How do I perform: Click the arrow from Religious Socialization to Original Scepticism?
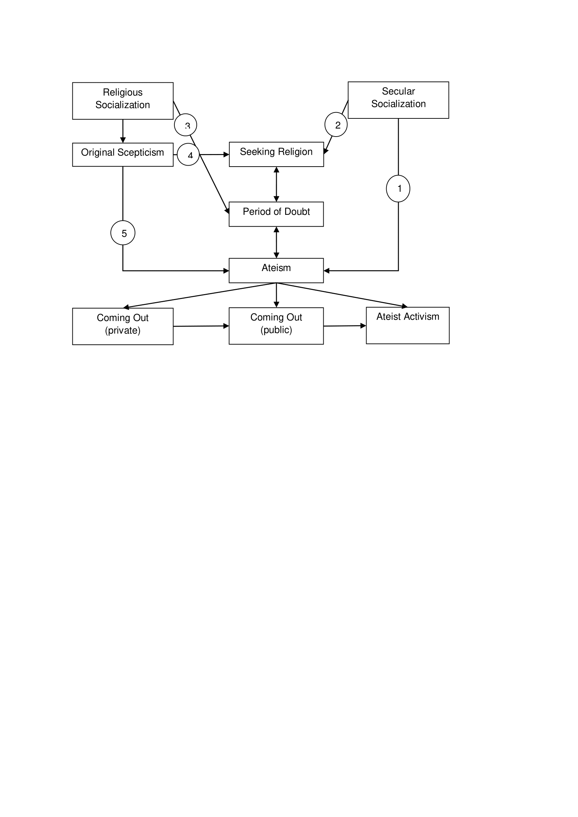(x=123, y=131)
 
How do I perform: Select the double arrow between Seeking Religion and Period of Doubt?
(x=276, y=184)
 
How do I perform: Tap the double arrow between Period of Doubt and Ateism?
(x=276, y=242)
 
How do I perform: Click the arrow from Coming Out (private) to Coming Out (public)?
(x=201, y=326)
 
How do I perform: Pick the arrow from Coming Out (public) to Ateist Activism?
(x=345, y=326)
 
